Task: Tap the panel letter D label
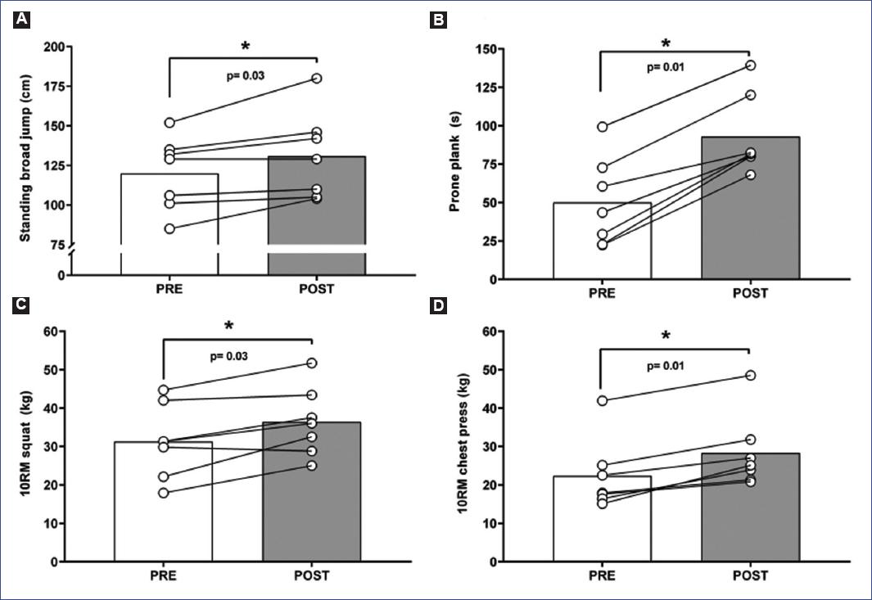click(x=439, y=307)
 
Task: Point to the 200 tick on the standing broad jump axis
click(x=58, y=47)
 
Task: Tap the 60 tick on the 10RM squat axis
click(x=61, y=332)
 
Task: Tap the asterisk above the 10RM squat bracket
click(x=228, y=326)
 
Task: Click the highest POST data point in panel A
click(x=316, y=78)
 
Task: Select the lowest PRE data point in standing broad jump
click(x=169, y=228)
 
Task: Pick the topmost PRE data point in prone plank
click(x=602, y=127)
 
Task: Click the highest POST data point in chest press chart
click(x=750, y=375)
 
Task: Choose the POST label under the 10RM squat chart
click(x=312, y=575)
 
